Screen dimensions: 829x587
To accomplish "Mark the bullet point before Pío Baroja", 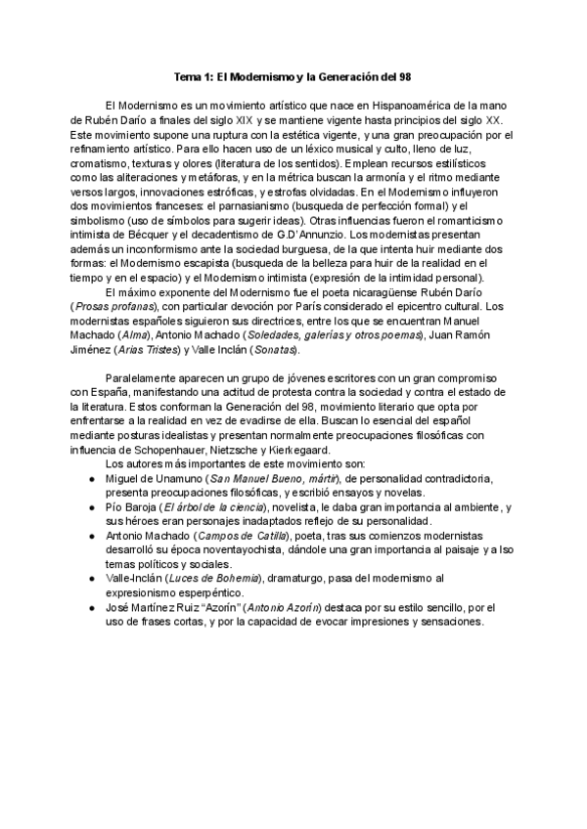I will pos(91,508).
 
